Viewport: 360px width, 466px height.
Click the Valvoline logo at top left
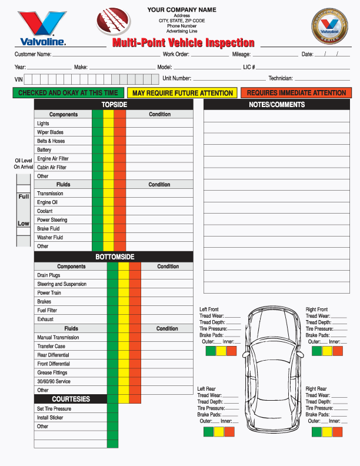(41, 28)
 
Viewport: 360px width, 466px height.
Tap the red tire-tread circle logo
(115, 22)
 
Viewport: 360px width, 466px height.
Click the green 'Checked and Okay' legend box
(68, 93)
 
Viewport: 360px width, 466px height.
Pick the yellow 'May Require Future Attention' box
(182, 93)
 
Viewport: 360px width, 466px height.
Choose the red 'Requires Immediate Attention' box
(296, 93)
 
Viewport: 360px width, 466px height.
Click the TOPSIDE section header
(114, 105)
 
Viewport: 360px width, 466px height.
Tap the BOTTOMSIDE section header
(115, 257)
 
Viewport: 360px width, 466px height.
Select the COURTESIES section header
(71, 399)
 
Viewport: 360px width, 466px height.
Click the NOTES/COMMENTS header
(276, 105)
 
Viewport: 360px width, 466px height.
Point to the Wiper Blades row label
(50, 132)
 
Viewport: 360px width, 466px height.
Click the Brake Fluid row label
(48, 229)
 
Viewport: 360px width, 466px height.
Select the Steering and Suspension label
(62, 284)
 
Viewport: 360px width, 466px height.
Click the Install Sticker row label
(50, 418)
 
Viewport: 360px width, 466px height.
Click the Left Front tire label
(209, 309)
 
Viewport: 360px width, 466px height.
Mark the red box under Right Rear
(336, 432)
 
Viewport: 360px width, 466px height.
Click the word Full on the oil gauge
(24, 197)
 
